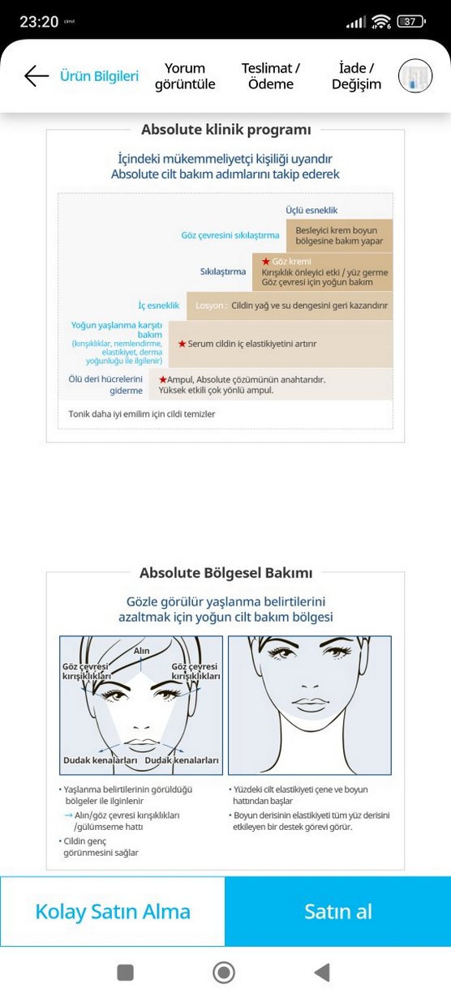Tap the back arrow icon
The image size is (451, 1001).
coord(37,76)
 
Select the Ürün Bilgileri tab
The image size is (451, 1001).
coord(99,76)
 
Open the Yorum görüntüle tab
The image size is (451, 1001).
coord(185,76)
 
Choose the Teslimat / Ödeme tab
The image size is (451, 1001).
coord(271,76)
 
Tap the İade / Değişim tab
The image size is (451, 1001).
coord(356,76)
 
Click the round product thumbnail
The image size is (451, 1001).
coord(415,76)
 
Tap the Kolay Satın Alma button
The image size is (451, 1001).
coord(113,911)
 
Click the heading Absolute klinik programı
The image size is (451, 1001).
coord(225,130)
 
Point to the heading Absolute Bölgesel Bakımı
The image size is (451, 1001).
coord(225,573)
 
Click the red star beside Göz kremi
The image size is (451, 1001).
coord(264,262)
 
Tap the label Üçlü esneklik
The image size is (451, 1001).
coord(311,211)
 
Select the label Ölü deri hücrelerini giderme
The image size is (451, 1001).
coord(106,384)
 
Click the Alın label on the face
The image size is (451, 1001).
coord(142,651)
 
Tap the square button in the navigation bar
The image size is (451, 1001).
coord(125,972)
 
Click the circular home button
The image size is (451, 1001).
coord(224,972)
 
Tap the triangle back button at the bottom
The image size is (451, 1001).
coord(322,972)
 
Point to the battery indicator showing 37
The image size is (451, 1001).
coord(410,21)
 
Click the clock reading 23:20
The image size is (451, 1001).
coord(39,21)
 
